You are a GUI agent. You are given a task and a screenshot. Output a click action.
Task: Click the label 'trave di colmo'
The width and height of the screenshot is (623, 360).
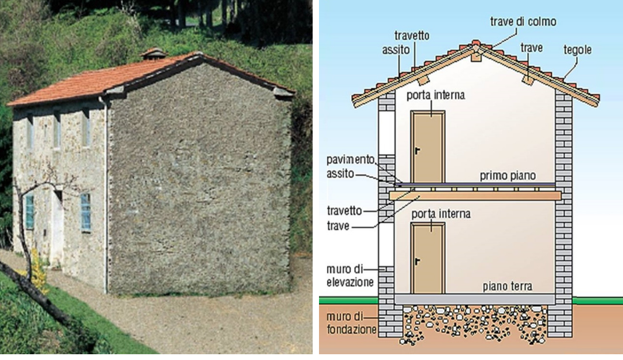[523, 22]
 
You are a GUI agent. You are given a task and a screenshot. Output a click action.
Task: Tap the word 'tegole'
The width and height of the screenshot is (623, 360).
[577, 50]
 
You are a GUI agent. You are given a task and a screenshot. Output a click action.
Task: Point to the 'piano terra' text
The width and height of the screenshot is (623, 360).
[508, 286]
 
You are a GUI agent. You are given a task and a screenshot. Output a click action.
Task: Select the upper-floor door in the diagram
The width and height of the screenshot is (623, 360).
[427, 147]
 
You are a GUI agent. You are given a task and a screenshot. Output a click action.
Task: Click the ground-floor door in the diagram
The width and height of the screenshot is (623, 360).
[427, 258]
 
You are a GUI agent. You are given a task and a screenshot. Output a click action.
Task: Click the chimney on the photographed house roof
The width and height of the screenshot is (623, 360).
[153, 54]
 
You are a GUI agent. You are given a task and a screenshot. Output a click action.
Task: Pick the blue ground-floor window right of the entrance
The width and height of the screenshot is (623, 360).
[85, 212]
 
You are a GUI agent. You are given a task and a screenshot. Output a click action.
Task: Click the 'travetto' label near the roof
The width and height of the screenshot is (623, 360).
[412, 36]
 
